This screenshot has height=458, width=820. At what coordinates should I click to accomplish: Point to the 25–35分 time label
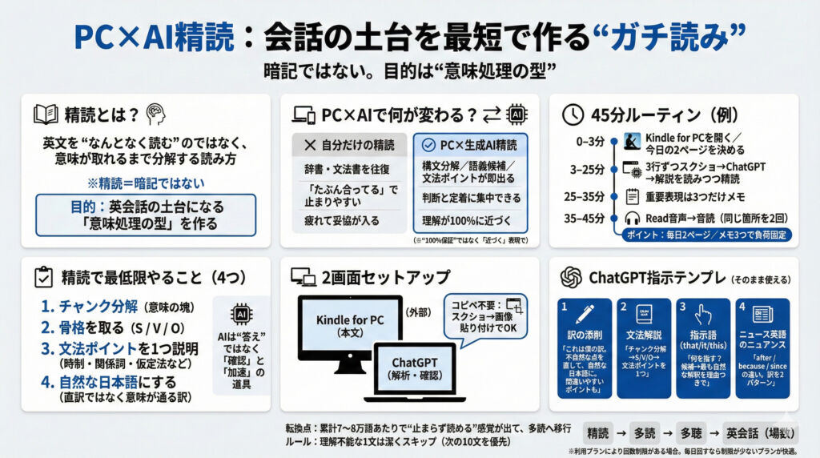584,195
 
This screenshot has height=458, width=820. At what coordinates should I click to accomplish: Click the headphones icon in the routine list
631,218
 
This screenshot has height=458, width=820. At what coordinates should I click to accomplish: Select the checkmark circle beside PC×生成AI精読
428,146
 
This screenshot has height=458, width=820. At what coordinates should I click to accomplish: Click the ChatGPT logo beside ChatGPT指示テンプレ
571,277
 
